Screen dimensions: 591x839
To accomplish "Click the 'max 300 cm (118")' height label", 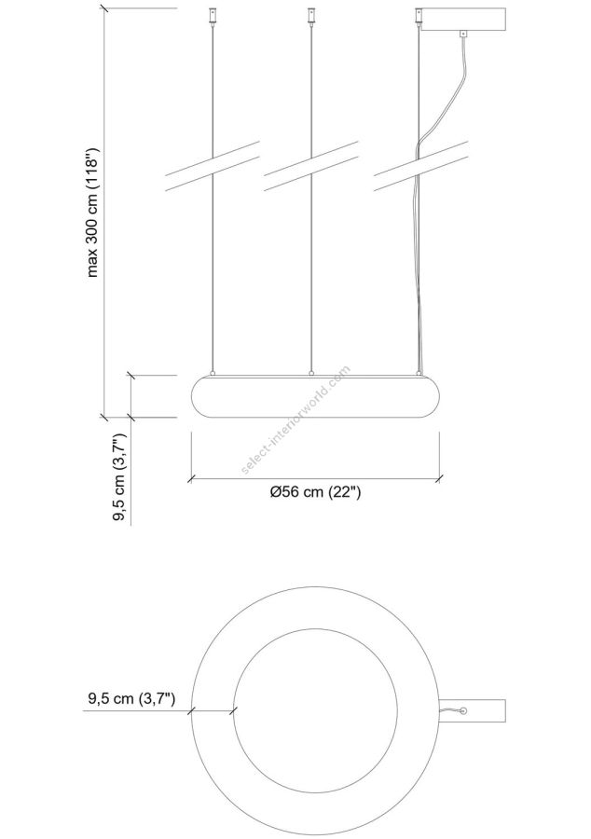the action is (x=92, y=212).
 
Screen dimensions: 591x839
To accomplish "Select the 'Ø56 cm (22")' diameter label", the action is (x=316, y=491).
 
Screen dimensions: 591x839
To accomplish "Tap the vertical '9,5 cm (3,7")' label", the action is (x=118, y=477).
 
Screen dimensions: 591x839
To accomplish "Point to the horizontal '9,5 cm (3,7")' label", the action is (x=131, y=699).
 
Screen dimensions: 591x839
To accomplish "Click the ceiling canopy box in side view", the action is (x=463, y=21).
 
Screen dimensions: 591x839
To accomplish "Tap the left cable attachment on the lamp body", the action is (x=213, y=373).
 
